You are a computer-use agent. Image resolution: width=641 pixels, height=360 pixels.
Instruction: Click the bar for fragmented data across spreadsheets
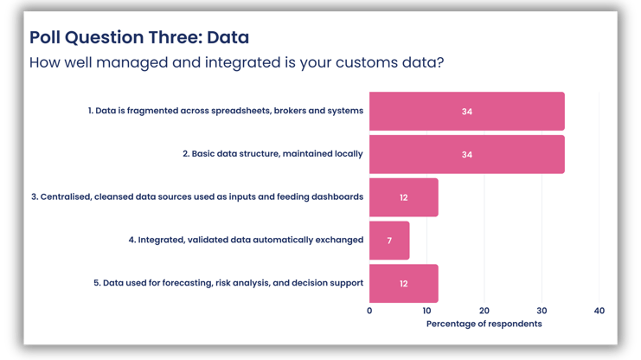click(467, 112)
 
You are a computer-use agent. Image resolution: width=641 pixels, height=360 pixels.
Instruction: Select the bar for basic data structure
click(467, 154)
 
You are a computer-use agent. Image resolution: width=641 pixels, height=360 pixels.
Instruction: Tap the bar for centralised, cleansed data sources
click(404, 197)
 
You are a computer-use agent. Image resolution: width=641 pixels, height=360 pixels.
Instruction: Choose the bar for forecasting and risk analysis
click(404, 283)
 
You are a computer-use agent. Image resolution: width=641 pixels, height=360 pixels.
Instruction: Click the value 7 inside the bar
click(389, 241)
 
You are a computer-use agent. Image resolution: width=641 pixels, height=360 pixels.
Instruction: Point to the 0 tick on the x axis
click(369, 310)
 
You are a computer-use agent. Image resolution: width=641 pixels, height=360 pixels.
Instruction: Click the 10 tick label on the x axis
click(426, 310)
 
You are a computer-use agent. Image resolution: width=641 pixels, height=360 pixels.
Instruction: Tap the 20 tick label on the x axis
click(484, 310)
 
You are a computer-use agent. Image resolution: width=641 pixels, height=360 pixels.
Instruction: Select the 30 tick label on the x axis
click(542, 310)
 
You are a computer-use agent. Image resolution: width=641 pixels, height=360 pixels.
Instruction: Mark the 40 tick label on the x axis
click(599, 310)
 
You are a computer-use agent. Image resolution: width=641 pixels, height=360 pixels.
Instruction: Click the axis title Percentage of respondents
click(484, 324)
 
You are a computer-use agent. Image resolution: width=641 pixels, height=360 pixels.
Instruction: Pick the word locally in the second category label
click(344, 154)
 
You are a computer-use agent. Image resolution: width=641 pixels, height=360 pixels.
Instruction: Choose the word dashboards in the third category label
click(333, 197)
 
